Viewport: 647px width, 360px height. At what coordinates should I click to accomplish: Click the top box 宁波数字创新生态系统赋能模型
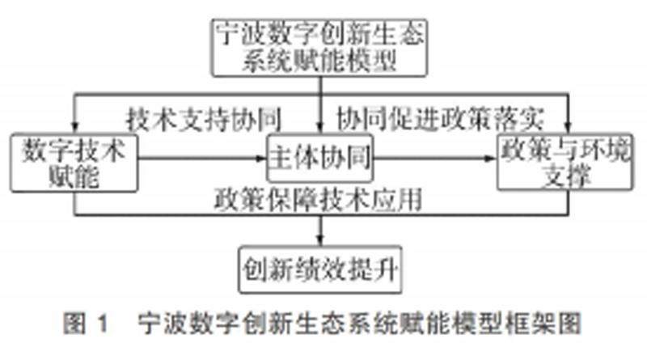click(x=321, y=47)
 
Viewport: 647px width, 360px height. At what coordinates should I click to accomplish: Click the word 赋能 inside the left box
click(x=73, y=176)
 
